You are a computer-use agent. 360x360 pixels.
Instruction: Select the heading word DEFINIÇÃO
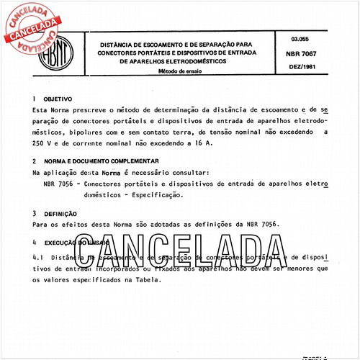pos(60,214)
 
